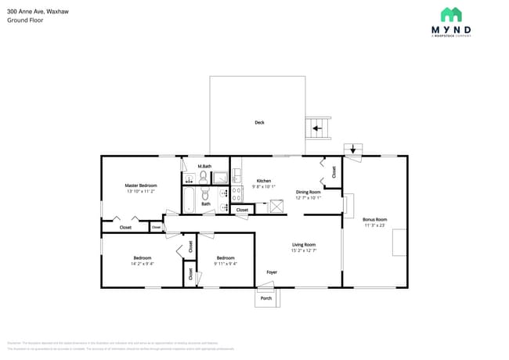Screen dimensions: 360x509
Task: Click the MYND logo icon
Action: [450, 14]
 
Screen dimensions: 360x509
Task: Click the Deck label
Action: [258, 122]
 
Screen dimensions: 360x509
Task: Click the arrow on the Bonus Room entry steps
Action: [352, 149]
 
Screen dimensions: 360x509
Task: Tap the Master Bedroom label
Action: [141, 185]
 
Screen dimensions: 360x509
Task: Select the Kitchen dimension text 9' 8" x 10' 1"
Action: [264, 186]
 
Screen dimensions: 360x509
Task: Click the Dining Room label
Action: [308, 192]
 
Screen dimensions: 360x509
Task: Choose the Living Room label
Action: [304, 245]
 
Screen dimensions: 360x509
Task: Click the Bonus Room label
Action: [374, 220]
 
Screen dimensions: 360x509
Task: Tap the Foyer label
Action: [272, 272]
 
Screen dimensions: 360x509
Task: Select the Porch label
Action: [266, 298]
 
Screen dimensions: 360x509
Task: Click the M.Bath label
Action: [204, 166]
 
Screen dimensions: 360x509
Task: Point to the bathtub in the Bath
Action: [189, 200]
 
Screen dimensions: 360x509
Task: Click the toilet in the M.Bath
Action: [204, 178]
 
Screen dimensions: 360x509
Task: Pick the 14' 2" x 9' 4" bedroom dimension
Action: [142, 264]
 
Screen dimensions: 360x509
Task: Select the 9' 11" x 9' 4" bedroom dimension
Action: [226, 264]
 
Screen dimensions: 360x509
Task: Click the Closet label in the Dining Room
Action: [334, 171]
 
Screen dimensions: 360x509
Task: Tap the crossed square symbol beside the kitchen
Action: [276, 206]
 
